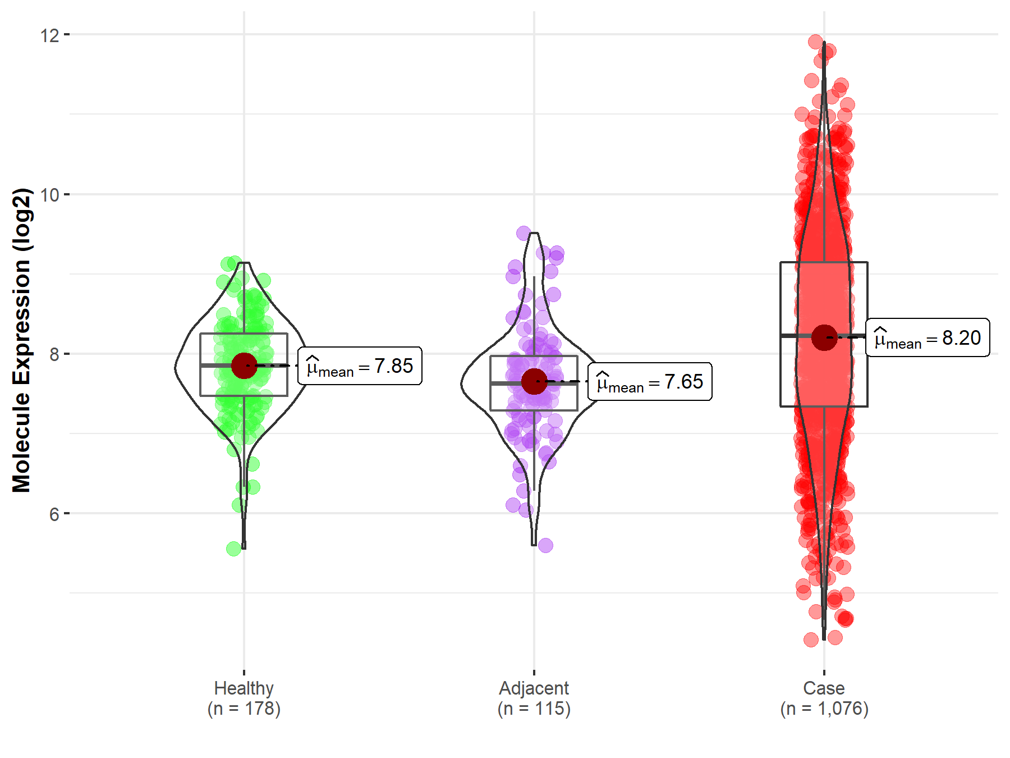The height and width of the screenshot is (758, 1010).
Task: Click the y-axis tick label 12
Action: (x=49, y=35)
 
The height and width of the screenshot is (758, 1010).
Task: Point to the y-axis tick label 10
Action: (x=49, y=195)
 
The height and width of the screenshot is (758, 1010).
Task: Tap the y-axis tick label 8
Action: (x=54, y=354)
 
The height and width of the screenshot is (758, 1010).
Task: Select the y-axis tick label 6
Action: (x=54, y=514)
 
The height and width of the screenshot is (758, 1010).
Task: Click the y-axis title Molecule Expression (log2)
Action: (x=21, y=340)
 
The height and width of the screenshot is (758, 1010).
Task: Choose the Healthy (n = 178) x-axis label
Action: (x=244, y=698)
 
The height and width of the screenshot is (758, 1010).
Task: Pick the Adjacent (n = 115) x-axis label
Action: (x=534, y=698)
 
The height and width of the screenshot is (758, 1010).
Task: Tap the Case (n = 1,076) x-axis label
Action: (x=824, y=698)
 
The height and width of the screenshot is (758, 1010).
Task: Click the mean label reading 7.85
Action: (x=360, y=366)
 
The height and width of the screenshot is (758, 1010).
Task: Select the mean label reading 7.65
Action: (x=650, y=382)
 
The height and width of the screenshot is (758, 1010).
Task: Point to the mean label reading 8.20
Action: (x=928, y=338)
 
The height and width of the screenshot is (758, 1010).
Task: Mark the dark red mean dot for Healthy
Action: (x=244, y=366)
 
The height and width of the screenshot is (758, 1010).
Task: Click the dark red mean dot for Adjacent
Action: (x=534, y=382)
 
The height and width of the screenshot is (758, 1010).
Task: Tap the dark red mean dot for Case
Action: (x=824, y=337)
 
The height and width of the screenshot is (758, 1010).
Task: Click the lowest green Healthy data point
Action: (x=234, y=549)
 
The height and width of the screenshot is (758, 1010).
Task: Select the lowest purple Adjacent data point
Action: (x=545, y=545)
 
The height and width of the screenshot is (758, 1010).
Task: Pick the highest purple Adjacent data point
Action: (x=524, y=233)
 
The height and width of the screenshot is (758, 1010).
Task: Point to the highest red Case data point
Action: (x=815, y=41)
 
